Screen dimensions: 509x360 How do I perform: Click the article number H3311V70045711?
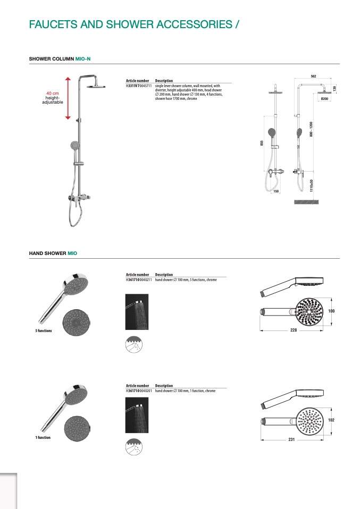[139, 85]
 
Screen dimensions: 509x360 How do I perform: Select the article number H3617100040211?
[139, 279]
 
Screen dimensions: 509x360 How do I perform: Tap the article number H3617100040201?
[139, 391]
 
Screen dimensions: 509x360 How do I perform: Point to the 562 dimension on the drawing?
[313, 77]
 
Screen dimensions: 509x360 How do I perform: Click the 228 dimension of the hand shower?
[294, 330]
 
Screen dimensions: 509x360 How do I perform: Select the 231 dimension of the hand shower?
[291, 439]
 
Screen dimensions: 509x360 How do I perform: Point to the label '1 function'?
[43, 438]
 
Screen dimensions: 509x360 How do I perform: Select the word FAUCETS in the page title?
[52, 24]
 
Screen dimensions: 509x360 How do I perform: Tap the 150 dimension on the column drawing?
[276, 191]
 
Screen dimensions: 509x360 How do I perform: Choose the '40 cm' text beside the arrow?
[52, 94]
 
